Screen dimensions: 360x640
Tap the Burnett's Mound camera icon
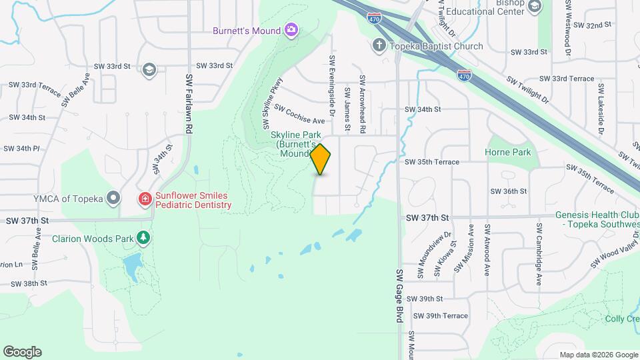[291, 29]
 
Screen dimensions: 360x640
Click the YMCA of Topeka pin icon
[114, 198]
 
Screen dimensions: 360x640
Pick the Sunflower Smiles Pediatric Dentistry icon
[145, 199]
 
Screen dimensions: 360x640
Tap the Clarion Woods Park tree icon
[143, 237]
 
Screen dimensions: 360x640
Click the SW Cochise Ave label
[299, 115]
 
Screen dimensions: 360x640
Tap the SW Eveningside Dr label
[331, 79]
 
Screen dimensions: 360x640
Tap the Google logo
[22, 352]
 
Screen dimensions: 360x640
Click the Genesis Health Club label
[597, 219]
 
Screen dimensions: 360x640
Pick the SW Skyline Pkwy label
[272, 104]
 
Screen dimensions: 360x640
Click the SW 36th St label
[508, 191]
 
